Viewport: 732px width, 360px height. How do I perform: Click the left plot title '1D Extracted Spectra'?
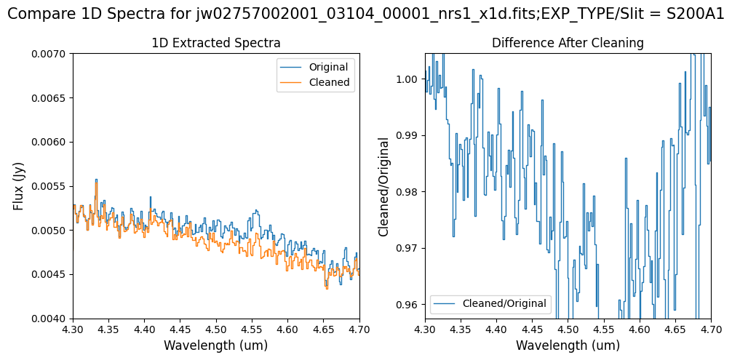coord(215,43)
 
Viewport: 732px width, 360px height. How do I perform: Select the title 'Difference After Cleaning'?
coord(568,43)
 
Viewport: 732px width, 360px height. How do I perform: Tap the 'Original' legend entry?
coord(328,68)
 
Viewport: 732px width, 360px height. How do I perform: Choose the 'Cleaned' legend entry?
coord(329,83)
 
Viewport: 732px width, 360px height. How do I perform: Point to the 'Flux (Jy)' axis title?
coord(19,186)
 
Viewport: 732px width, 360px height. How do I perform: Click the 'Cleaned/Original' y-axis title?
coord(384,186)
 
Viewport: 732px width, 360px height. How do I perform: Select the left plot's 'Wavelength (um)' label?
coord(215,345)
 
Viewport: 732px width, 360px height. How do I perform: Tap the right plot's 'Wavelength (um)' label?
coord(568,345)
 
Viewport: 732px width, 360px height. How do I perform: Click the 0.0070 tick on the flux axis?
coord(49,54)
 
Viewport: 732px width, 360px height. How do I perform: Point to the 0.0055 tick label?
coord(49,186)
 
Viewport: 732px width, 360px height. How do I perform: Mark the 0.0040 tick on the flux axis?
coord(49,319)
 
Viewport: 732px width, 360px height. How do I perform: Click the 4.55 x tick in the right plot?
coord(603,329)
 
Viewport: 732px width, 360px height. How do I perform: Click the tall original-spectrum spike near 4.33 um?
coord(96,180)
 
